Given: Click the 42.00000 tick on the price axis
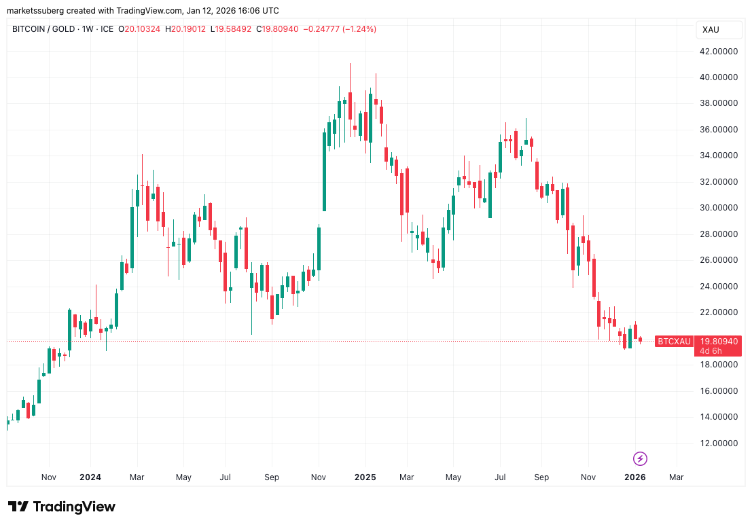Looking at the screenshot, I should point(721,52).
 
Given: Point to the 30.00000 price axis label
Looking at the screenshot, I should point(721,208).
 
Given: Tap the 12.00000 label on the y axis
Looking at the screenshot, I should point(721,443).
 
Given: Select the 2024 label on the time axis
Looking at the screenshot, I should point(90,477).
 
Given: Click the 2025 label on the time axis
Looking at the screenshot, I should point(365,477).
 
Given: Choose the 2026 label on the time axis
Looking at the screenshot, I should point(634,477).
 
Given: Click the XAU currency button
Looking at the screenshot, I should point(711,30).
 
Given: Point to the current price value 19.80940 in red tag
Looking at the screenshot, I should point(717,341).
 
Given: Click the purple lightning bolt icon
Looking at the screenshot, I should point(640,458).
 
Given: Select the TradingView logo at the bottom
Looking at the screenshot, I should point(62,507).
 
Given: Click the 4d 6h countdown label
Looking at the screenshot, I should point(711,351).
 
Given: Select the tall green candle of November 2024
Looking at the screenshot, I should point(324,171).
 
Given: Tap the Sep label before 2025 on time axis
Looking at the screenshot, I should point(271,477).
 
